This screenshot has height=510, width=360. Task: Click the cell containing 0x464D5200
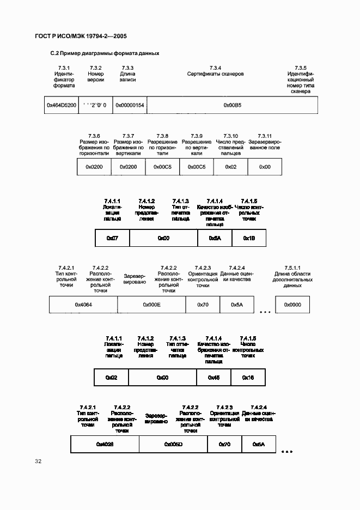pos(61,105)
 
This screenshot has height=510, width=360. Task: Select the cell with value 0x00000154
pos(129,105)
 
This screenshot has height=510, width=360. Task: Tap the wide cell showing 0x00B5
pos(233,105)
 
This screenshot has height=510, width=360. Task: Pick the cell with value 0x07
pos(112,238)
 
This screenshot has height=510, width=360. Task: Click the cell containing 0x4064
pos(83,305)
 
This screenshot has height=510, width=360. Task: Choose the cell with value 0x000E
pos(151,305)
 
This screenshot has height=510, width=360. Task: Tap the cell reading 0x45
pos(214,377)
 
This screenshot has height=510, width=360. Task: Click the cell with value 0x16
pos(248,377)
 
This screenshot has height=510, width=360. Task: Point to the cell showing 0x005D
pos(173,445)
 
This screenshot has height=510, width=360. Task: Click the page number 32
pos(38,462)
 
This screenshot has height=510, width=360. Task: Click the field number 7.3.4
pos(215,67)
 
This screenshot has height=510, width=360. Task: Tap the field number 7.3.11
pos(264,135)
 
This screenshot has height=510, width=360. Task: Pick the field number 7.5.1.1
pos(292,268)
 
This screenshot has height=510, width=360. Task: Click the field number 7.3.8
pos(162,135)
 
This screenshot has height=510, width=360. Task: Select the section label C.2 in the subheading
pos(54,53)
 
